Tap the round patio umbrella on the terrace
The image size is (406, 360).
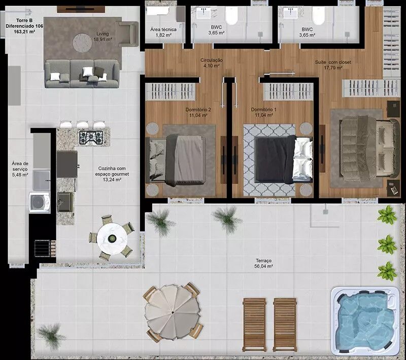click(x=173, y=312)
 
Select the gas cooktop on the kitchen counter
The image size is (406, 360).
click(x=91, y=137)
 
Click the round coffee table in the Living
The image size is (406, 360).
click(x=82, y=43)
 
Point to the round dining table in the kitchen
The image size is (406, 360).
click(x=112, y=238)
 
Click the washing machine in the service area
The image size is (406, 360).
click(x=40, y=202)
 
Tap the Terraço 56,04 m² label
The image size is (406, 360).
click(x=263, y=263)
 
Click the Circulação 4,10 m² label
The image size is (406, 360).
click(x=212, y=63)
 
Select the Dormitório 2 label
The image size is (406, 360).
click(x=198, y=110)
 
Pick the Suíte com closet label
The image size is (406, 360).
click(x=333, y=62)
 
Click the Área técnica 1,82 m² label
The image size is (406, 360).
click(x=163, y=32)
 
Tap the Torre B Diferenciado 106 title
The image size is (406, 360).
click(x=24, y=23)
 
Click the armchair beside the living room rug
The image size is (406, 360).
click(x=127, y=34)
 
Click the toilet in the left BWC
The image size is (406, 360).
click(x=231, y=16)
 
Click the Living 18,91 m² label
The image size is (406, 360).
click(x=103, y=37)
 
